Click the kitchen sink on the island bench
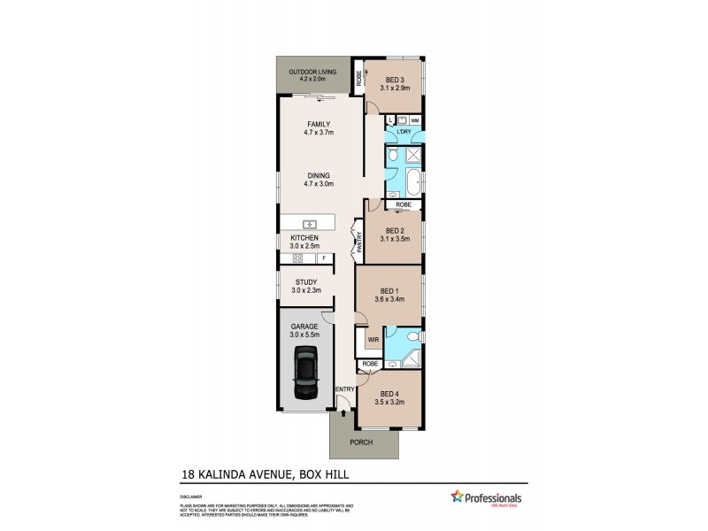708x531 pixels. pyautogui.click(x=309, y=223)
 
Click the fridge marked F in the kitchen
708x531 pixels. pyautogui.click(x=324, y=258)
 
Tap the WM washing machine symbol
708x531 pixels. pyautogui.click(x=414, y=119)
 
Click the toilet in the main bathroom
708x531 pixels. pyautogui.click(x=394, y=156)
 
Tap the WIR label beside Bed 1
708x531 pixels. pyautogui.click(x=373, y=338)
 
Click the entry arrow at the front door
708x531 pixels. pyautogui.click(x=342, y=411)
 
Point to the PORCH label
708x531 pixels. pyautogui.click(x=361, y=442)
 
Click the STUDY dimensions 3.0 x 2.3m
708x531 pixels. pyautogui.click(x=305, y=290)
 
